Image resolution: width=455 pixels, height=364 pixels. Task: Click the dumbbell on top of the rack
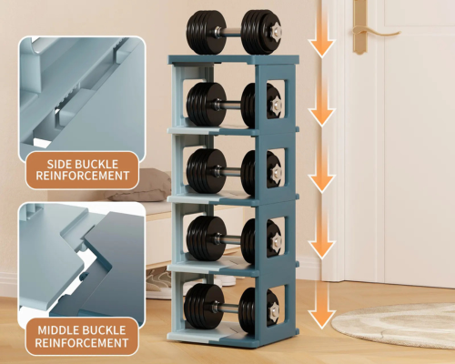tap(234, 33)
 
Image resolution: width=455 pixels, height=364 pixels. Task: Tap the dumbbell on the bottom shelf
tap(231, 309)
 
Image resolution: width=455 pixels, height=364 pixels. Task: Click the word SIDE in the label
tap(59, 164)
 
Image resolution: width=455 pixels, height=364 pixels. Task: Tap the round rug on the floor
tap(393, 325)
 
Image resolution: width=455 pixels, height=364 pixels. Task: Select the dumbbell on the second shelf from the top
tap(234, 105)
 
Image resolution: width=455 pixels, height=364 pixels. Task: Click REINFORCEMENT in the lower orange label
tap(82, 343)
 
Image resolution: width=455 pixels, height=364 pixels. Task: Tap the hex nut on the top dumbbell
tap(276, 31)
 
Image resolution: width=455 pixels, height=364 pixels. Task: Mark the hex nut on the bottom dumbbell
tap(274, 310)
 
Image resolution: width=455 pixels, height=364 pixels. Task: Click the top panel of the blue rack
tap(234, 59)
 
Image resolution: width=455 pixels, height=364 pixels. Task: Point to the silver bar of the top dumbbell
tap(234, 32)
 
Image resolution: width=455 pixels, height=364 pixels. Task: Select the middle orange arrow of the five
tap(322, 170)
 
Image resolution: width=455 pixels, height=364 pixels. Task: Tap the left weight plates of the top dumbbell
tap(207, 33)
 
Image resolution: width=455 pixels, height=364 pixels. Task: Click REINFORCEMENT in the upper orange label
tap(83, 176)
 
